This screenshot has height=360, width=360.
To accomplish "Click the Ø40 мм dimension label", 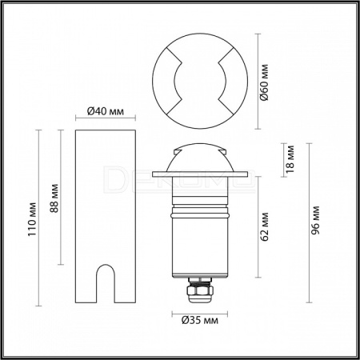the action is point(106,111).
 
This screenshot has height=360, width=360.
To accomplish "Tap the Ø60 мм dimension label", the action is point(263,82).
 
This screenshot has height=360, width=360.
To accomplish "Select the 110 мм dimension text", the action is point(32,219).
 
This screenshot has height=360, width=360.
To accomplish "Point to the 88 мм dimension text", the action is point(54,198).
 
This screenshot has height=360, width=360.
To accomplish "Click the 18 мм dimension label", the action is point(289,159).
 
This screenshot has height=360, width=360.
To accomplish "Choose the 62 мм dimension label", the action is point(264,226).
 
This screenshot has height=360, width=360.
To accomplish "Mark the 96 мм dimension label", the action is point(316,220).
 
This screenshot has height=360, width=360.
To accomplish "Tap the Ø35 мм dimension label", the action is point(200,320).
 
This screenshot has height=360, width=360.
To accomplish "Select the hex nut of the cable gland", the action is point(200,290).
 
